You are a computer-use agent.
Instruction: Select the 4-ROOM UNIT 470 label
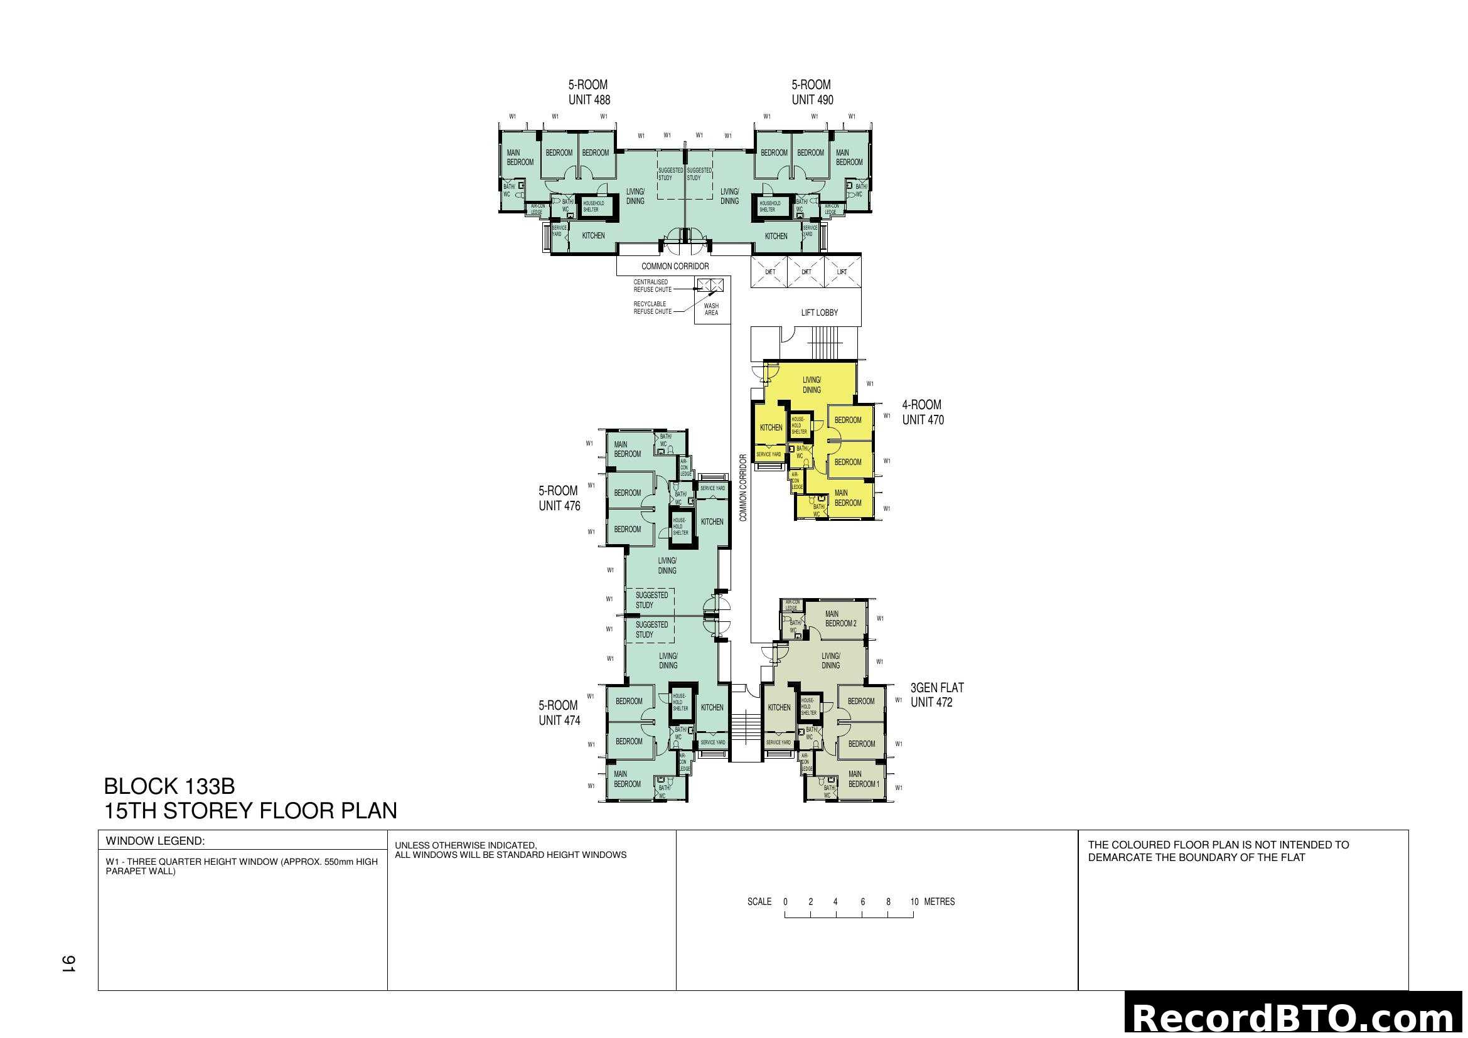tap(923, 412)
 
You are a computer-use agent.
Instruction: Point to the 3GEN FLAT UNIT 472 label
tap(936, 695)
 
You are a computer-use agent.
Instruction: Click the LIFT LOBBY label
tap(819, 313)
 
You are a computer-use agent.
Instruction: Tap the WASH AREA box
tap(712, 309)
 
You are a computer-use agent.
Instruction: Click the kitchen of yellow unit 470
tap(771, 427)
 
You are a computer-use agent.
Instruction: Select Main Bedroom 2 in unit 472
tap(840, 619)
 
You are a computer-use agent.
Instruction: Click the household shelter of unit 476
tap(680, 527)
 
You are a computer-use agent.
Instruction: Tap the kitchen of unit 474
tap(712, 707)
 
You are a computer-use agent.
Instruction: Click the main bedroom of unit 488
tap(519, 158)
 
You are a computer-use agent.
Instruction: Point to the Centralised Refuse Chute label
tap(652, 286)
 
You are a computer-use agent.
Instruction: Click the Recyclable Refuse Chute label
tap(652, 308)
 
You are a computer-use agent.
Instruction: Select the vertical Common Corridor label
tap(743, 488)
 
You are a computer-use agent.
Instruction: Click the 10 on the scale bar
tap(914, 902)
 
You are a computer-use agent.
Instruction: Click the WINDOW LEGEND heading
tap(156, 840)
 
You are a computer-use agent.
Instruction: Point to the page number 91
tap(68, 964)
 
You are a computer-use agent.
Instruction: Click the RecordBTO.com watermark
tap(1295, 1018)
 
